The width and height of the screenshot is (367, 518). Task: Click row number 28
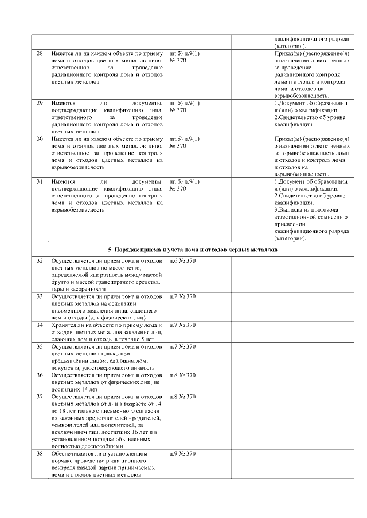pyautogui.click(x=39, y=53)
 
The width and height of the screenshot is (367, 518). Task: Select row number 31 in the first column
pyautogui.click(x=39, y=182)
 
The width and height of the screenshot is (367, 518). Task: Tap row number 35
pyautogui.click(x=39, y=346)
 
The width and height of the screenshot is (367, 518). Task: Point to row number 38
pyautogui.click(x=39, y=453)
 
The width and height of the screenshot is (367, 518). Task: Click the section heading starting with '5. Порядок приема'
pyautogui.click(x=193, y=250)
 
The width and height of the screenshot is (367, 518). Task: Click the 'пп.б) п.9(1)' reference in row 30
pyautogui.click(x=185, y=139)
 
